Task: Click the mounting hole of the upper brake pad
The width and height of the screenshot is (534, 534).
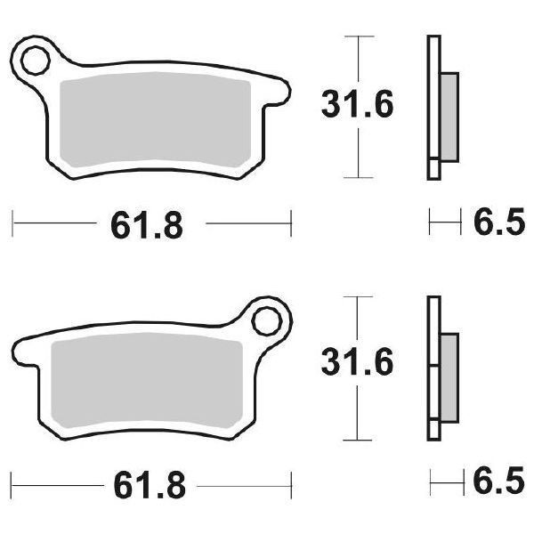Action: [x=36, y=61]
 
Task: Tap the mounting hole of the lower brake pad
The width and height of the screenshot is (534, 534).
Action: [x=266, y=318]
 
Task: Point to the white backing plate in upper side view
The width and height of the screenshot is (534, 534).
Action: [x=433, y=107]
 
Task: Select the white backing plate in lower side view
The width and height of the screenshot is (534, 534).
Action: [x=433, y=367]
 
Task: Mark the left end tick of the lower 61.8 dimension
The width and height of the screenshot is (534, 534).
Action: [x=12, y=485]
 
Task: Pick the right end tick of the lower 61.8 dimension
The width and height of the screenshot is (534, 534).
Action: [x=291, y=485]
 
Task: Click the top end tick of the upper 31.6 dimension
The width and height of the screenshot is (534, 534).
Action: [x=357, y=36]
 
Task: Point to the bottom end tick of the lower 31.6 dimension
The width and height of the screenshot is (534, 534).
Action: [x=357, y=439]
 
